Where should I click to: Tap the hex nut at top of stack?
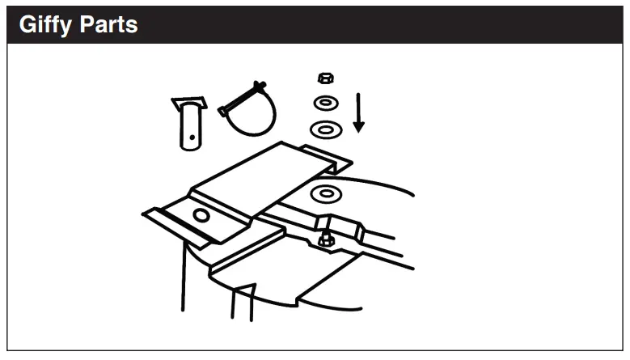[325, 78]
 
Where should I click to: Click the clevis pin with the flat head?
[189, 125]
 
